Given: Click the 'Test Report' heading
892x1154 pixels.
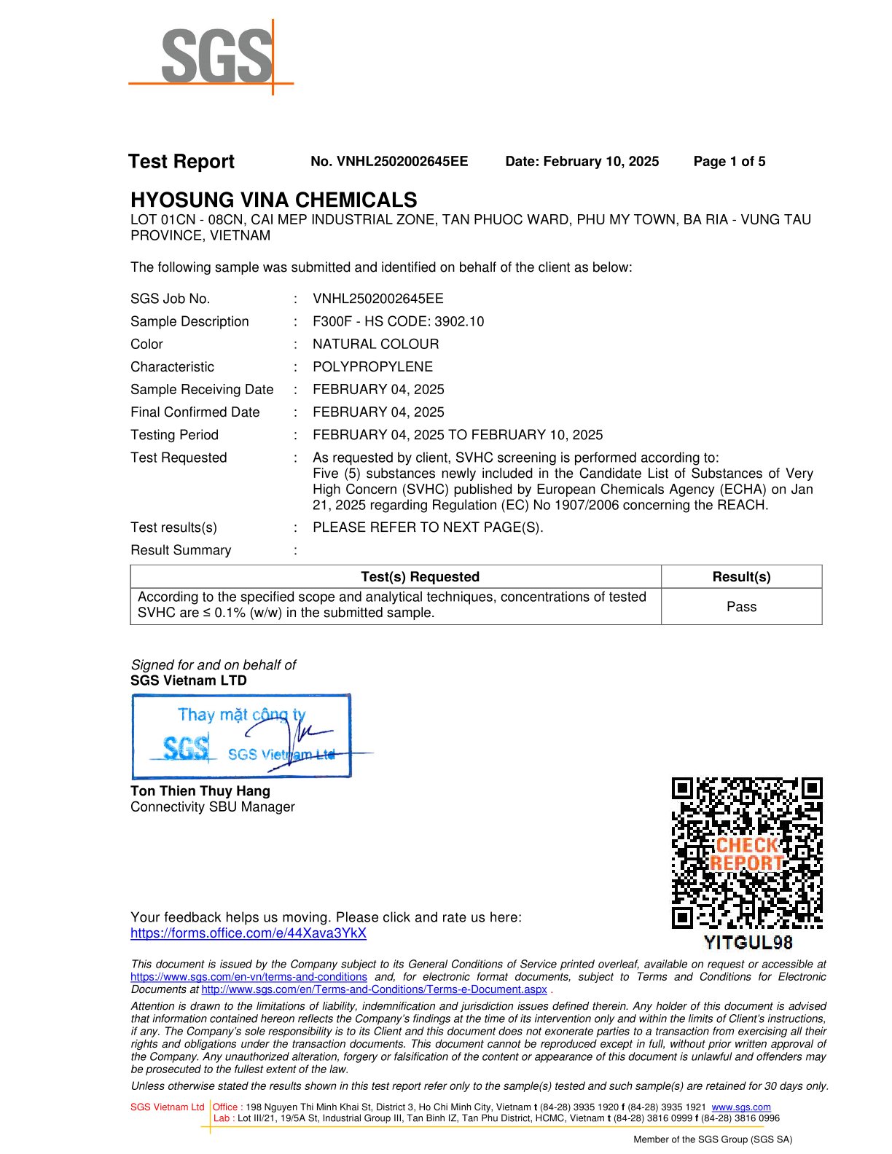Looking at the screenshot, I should [181, 162].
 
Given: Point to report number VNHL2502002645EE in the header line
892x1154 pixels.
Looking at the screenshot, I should [389, 162].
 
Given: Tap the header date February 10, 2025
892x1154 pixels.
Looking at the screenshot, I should [582, 162].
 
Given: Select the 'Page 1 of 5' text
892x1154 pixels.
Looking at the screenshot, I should [729, 162].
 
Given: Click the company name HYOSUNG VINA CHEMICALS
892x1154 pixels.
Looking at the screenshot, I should [274, 200].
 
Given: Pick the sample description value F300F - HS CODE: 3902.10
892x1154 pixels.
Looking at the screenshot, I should [398, 321].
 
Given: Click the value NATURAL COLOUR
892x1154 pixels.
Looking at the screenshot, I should [375, 344].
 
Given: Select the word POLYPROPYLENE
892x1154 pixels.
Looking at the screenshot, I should [372, 366].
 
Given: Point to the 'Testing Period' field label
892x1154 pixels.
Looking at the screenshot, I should [174, 435].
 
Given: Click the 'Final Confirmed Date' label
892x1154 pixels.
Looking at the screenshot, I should [195, 412].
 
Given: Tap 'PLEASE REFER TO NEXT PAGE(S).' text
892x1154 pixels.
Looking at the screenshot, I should [428, 527].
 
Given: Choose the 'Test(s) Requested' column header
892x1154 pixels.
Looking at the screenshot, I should [420, 577].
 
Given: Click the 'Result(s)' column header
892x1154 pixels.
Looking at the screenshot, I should [741, 577].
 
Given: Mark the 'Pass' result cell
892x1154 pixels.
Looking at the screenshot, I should [741, 607].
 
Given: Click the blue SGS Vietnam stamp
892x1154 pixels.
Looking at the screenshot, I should [241, 736].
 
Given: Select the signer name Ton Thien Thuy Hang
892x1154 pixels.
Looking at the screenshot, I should [200, 791].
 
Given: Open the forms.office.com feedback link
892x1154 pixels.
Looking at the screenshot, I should [249, 933].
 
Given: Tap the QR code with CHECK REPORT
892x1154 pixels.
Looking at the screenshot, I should [747, 853].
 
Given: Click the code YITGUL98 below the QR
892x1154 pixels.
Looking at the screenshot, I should [748, 943].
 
